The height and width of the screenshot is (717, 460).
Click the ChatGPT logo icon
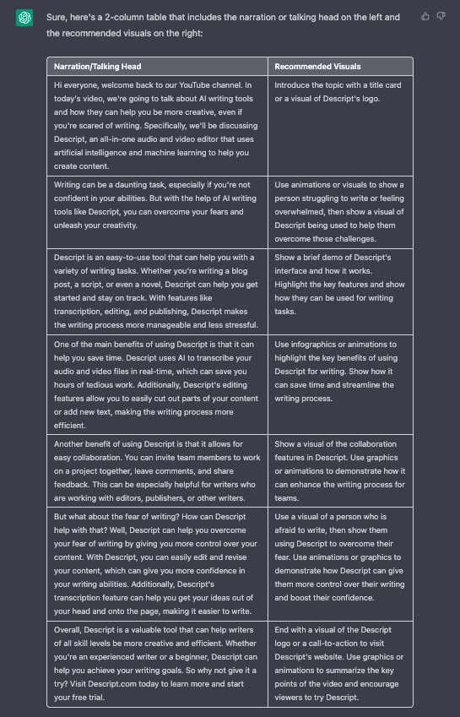point(24,18)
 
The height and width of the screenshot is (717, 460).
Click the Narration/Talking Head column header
point(98,66)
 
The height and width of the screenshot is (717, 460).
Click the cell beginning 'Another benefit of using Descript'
point(157,470)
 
